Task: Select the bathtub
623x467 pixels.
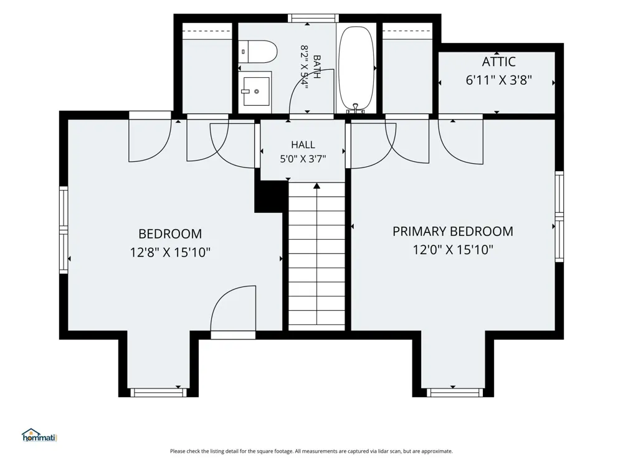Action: [x=356, y=68]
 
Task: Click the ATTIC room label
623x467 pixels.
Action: [x=498, y=62]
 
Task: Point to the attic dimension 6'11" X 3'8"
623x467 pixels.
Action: [x=498, y=80]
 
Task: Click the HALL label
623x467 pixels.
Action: [x=303, y=144]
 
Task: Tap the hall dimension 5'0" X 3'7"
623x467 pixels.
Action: [x=303, y=159]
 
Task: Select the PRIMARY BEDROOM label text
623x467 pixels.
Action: [x=452, y=231]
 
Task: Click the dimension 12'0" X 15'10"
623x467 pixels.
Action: [x=452, y=250]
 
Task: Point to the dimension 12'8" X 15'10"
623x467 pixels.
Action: [x=170, y=252]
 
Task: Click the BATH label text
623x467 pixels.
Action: [x=316, y=67]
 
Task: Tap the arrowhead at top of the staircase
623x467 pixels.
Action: [x=316, y=186]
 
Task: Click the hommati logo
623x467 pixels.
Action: [x=39, y=435]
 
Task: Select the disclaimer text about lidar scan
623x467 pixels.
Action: [x=311, y=451]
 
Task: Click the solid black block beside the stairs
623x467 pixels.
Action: [x=270, y=197]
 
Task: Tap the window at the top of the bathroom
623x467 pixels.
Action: [x=313, y=18]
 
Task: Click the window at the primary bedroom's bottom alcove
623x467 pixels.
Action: [x=455, y=393]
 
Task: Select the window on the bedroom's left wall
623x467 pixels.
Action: [x=64, y=230]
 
